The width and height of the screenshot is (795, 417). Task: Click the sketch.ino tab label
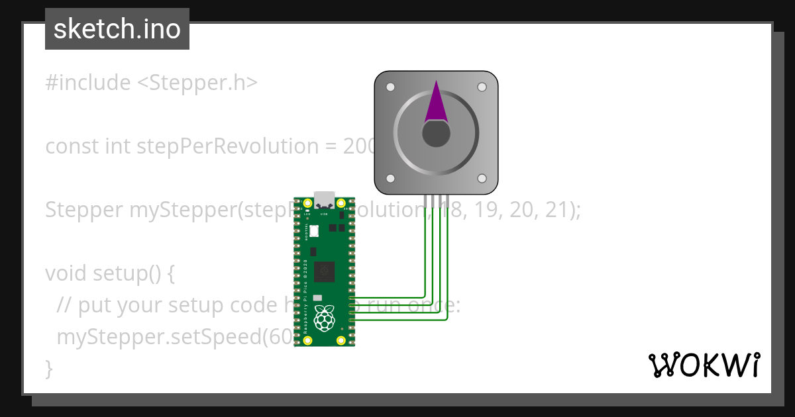pos(117,29)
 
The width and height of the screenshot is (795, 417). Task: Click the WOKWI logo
pos(704,365)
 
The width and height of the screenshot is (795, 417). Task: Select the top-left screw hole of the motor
pos(390,87)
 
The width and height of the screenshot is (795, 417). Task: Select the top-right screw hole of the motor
pos(482,87)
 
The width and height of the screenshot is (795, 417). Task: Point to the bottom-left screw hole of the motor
pos(390,179)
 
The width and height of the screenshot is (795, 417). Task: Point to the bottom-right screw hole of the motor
pos(482,179)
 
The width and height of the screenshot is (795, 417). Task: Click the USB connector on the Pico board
pos(325,199)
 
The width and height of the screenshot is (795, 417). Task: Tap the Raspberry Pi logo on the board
pos(324,318)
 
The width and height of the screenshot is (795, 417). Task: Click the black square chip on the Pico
pos(325,271)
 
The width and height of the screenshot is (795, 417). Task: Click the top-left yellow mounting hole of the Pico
pos(308,203)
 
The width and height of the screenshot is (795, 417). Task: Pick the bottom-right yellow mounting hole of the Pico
pos(341,340)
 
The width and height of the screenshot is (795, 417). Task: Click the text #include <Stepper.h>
pos(151,83)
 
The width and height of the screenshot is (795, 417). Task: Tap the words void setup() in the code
pos(109,273)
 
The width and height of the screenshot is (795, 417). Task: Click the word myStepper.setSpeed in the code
pos(159,336)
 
